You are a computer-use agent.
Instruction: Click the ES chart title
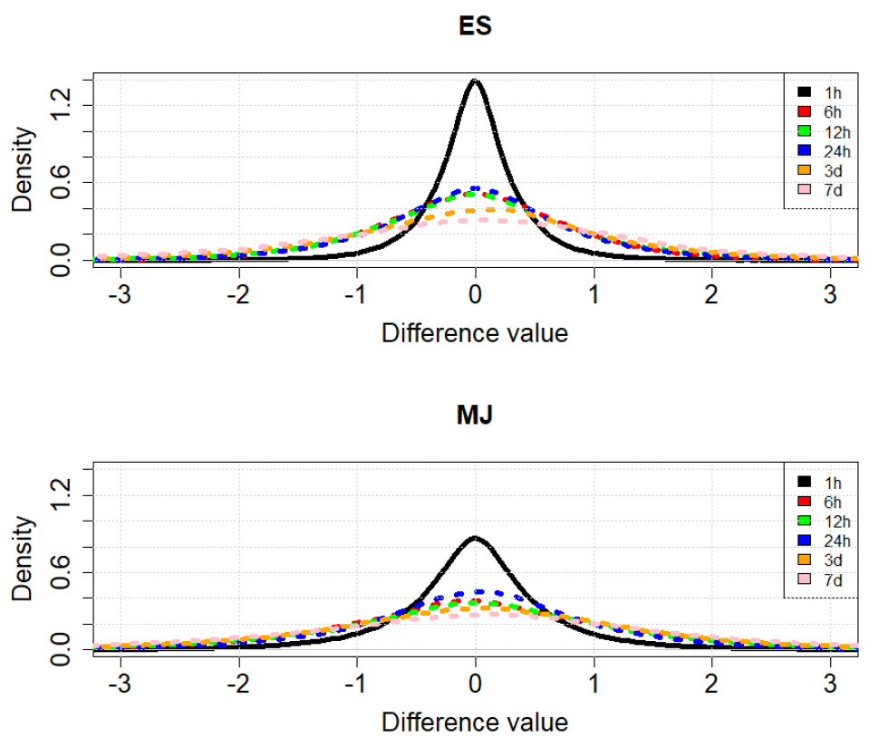tap(475, 26)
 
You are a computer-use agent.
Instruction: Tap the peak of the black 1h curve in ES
tap(475, 81)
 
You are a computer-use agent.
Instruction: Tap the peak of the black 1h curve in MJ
tap(475, 538)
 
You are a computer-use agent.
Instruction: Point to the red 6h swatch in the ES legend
tap(803, 111)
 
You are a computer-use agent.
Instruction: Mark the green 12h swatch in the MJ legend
tap(803, 521)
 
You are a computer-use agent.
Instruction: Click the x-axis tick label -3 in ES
tap(120, 295)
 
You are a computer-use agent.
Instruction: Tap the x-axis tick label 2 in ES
tap(712, 295)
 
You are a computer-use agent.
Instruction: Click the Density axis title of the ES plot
tap(24, 169)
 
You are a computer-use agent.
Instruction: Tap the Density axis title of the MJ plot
tap(24, 560)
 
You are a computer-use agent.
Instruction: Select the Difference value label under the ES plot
tap(475, 333)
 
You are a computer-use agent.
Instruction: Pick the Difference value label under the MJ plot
tap(475, 723)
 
